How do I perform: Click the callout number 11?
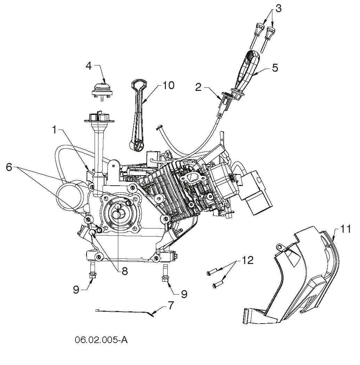345,229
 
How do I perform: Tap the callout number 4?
89,66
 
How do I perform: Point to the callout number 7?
170,306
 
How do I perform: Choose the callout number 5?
275,68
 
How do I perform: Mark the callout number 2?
198,87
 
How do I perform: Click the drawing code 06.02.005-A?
101,340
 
